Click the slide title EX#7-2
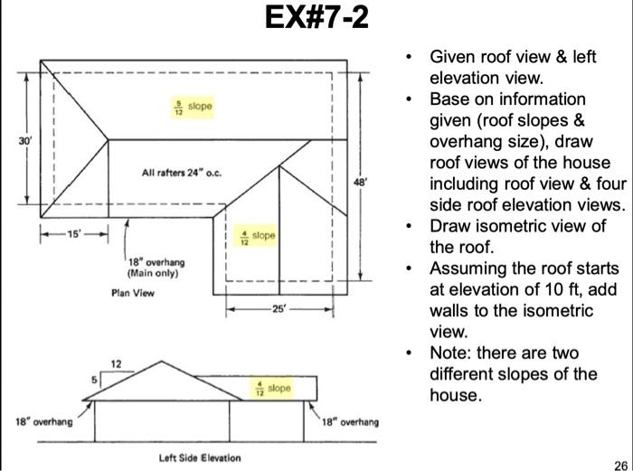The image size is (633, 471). coord(317,18)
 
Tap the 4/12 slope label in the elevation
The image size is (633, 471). coord(271,388)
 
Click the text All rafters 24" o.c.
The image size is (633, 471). coord(183,172)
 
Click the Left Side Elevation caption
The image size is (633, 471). coord(200,457)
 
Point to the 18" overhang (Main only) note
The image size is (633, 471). coord(156,267)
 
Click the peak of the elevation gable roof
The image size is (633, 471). coord(162,362)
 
